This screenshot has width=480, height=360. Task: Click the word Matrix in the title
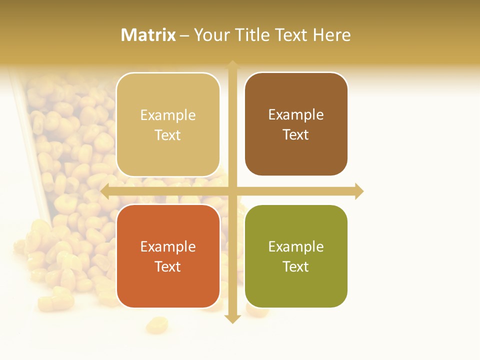click(x=148, y=35)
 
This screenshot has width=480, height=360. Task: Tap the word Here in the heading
click(x=331, y=35)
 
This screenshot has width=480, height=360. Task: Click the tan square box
click(x=168, y=124)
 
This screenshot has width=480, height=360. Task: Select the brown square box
click(x=296, y=124)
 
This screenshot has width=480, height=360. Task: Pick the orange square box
click(x=168, y=256)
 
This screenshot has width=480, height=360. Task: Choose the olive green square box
click(x=296, y=256)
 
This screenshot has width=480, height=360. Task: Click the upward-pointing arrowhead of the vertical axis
click(x=232, y=65)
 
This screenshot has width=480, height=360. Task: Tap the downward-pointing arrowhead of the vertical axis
click(x=232, y=318)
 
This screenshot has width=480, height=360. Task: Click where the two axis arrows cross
click(x=232, y=191)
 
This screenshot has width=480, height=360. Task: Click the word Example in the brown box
click(x=296, y=114)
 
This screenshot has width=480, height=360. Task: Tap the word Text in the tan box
click(x=168, y=135)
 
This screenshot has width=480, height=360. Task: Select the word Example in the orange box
click(x=168, y=246)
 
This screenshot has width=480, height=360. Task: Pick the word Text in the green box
click(x=296, y=266)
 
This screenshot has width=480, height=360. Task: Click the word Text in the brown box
click(x=296, y=134)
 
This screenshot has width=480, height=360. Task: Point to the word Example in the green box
click(x=296, y=246)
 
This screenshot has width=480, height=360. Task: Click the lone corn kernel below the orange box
click(x=156, y=326)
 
